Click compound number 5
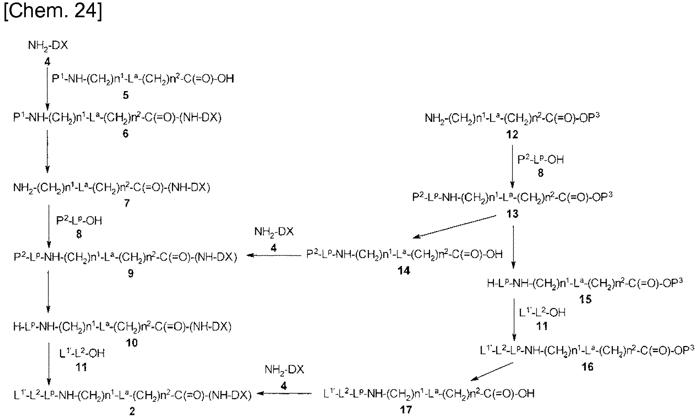(x=126, y=95)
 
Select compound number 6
(x=126, y=134)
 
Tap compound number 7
(x=127, y=204)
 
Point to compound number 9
(x=131, y=274)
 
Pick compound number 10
(x=132, y=343)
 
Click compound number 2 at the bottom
(x=132, y=411)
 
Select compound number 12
(x=512, y=134)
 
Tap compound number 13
(x=512, y=213)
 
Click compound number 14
(x=404, y=270)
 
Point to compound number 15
(x=586, y=299)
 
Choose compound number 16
(x=587, y=367)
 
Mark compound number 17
(x=406, y=410)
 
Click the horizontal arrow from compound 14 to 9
(x=274, y=256)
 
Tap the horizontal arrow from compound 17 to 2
(x=284, y=393)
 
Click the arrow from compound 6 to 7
(x=47, y=151)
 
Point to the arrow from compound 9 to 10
(x=48, y=292)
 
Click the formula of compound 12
(x=512, y=118)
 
